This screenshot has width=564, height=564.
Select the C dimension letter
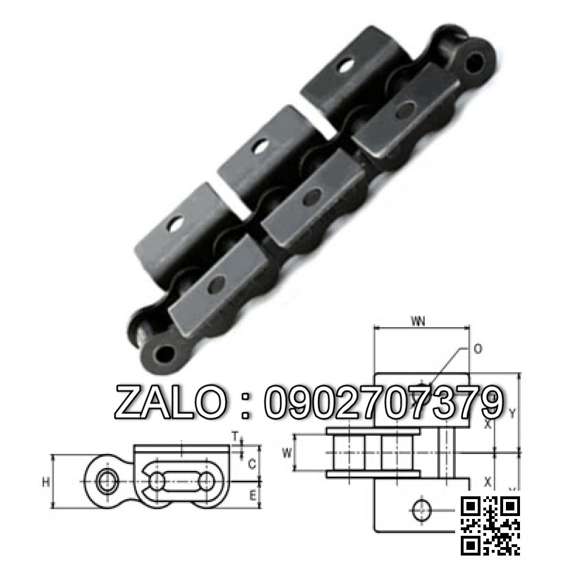(253, 464)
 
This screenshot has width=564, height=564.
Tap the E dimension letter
(253, 495)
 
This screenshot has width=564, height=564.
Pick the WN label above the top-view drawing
(418, 322)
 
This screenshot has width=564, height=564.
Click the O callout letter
(478, 349)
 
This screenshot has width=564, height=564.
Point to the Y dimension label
(512, 413)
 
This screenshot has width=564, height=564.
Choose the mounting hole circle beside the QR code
(421, 510)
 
